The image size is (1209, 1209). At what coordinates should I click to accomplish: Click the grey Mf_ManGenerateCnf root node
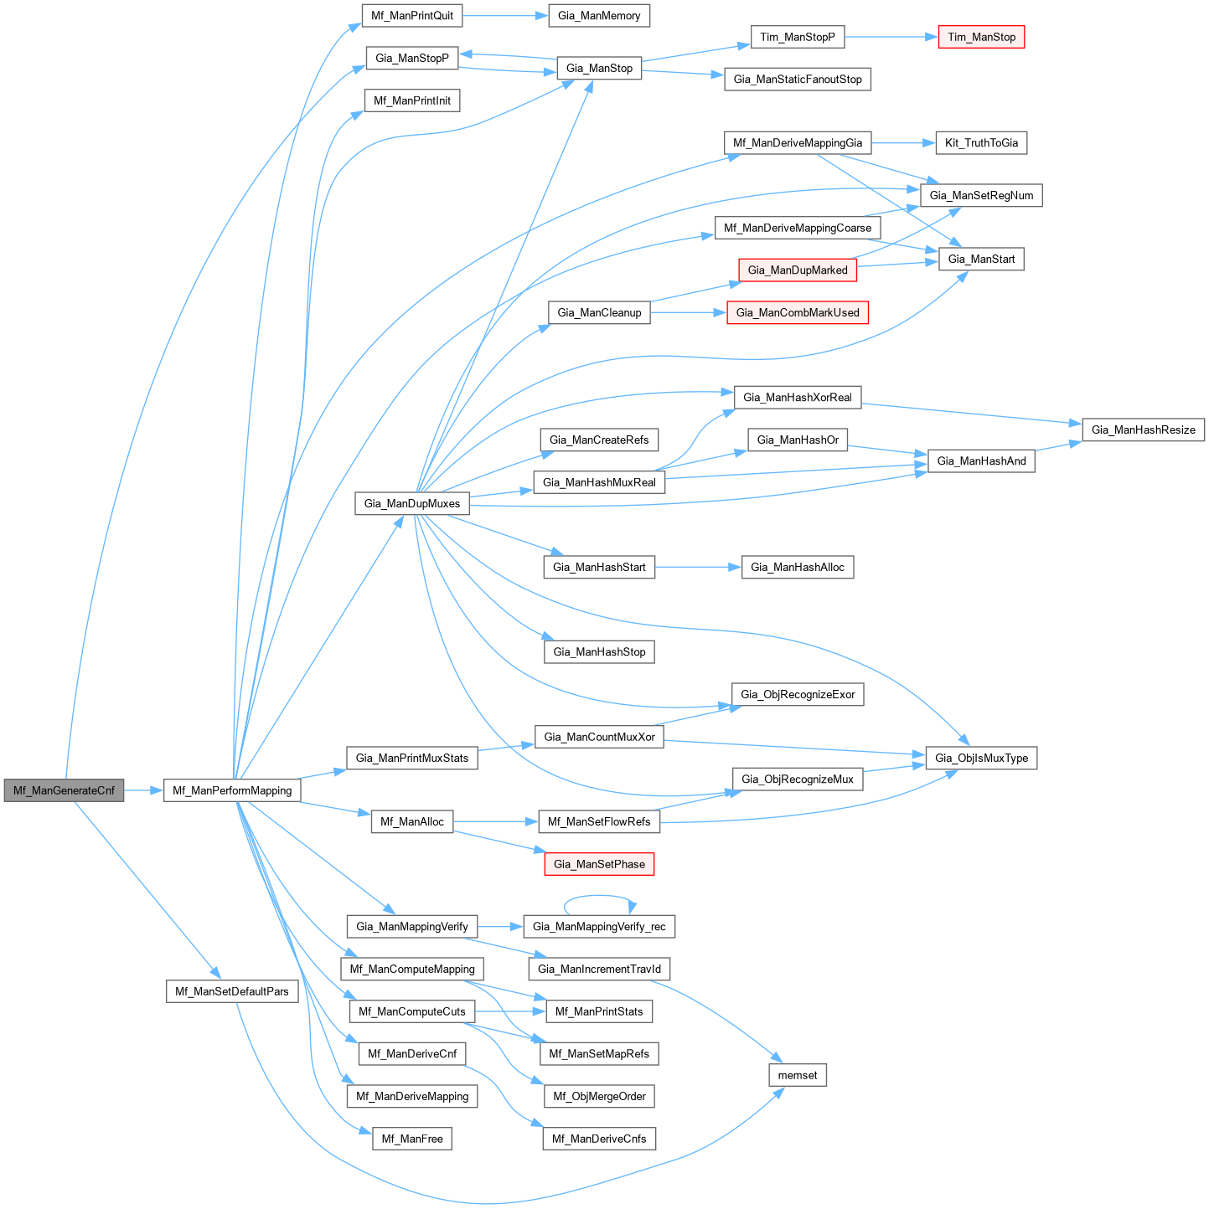(x=64, y=790)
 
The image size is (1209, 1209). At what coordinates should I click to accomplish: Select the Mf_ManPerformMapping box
(x=232, y=790)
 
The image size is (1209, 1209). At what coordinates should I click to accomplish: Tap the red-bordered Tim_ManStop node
(x=981, y=37)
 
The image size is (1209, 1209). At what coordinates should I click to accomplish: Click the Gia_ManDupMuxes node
(x=411, y=503)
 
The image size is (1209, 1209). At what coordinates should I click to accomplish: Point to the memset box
(x=797, y=1075)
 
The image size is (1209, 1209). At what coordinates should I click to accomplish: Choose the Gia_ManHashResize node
(x=1143, y=430)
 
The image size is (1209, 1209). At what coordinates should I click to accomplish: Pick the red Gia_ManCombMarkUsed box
(x=797, y=312)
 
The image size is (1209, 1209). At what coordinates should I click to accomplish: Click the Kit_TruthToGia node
(x=981, y=142)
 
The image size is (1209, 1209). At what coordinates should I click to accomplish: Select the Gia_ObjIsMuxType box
(x=981, y=758)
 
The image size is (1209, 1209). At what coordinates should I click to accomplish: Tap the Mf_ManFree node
(x=411, y=1139)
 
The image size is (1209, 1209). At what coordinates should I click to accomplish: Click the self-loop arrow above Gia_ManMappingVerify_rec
(x=599, y=897)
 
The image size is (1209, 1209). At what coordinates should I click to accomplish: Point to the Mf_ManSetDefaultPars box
(x=231, y=991)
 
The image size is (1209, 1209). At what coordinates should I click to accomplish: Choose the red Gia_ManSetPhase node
(x=599, y=864)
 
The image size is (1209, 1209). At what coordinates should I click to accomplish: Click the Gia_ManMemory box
(x=599, y=15)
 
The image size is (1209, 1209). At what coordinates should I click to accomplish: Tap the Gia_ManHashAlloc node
(x=797, y=567)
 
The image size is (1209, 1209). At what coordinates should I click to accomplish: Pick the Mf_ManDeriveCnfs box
(x=599, y=1139)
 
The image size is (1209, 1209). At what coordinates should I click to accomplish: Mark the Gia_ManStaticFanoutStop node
(x=797, y=79)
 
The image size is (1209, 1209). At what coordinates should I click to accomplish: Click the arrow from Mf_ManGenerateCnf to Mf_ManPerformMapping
(x=143, y=790)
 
